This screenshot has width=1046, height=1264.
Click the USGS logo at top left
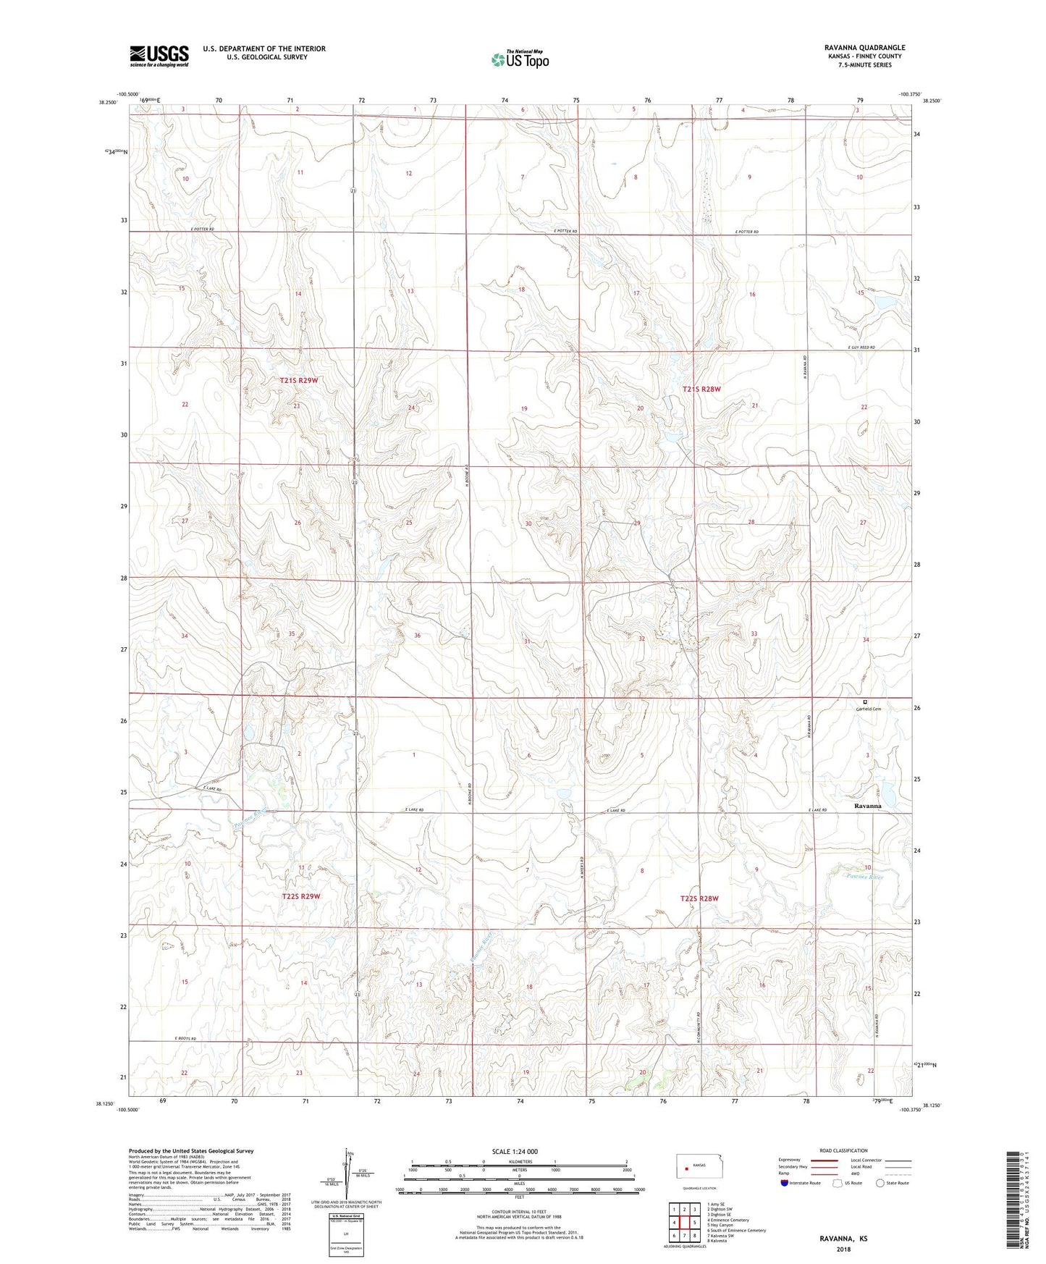pyautogui.click(x=159, y=56)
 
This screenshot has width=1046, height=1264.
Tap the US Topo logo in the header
pyautogui.click(x=520, y=59)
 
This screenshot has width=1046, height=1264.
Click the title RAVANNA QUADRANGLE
pyautogui.click(x=864, y=48)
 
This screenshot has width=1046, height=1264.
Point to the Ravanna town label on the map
pyautogui.click(x=867, y=806)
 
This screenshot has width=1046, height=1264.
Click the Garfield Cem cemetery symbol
pyautogui.click(x=864, y=701)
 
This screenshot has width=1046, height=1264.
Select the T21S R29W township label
pyautogui.click(x=298, y=380)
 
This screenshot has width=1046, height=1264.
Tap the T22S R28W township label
pyautogui.click(x=699, y=898)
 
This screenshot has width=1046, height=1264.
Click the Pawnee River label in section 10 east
pyautogui.click(x=865, y=877)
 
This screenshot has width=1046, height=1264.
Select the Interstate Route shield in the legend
pyautogui.click(x=785, y=1184)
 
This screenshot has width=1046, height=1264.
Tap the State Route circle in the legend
pyautogui.click(x=880, y=1184)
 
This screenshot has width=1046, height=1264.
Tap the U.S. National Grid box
pyautogui.click(x=346, y=1231)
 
